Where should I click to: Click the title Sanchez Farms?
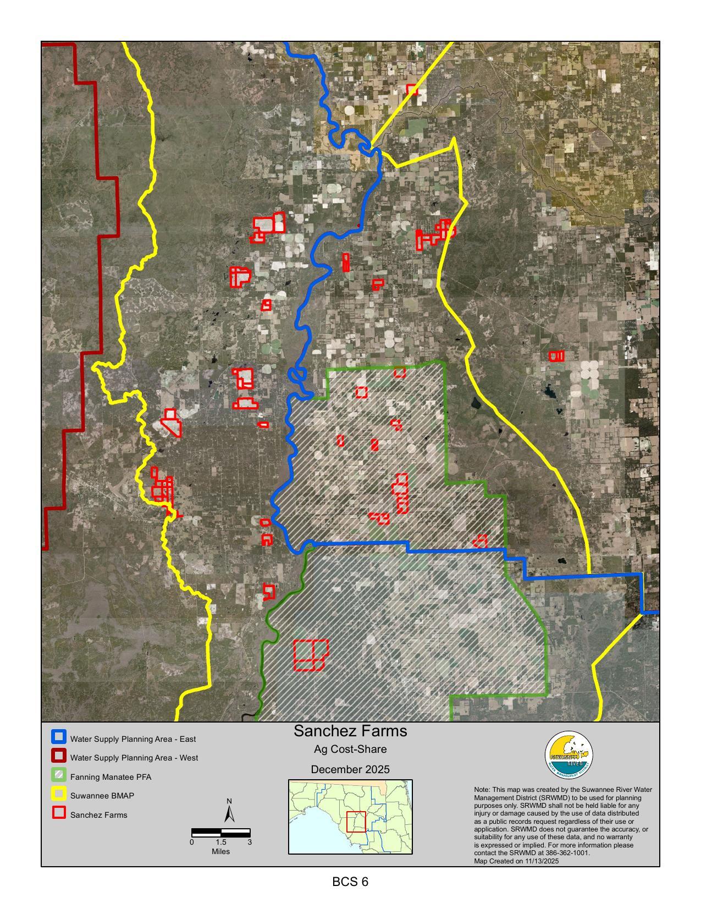350,731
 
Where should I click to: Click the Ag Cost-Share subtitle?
350,749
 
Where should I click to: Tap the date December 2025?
350,769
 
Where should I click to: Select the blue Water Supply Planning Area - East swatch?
59,737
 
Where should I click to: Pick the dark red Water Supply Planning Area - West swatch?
59,757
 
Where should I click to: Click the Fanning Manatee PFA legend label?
111,777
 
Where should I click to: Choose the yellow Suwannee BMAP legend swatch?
59,795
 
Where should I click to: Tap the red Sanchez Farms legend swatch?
59,813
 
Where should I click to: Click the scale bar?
220,833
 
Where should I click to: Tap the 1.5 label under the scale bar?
220,842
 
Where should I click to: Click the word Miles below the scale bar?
220,851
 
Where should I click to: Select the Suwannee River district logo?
568,755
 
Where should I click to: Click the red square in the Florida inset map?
356,822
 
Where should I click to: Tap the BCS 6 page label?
350,882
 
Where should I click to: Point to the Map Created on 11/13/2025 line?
516,861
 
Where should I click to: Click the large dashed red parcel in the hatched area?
311,655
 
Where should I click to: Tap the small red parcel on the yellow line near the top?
412,89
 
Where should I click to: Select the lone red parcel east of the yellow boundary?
556,356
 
